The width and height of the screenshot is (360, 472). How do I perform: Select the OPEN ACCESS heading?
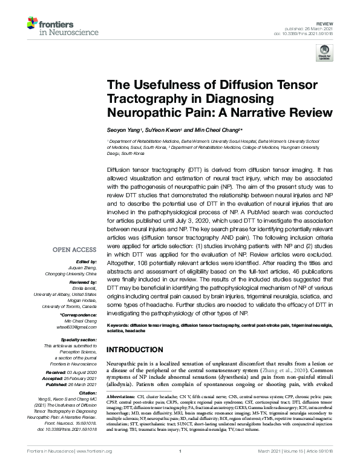74,249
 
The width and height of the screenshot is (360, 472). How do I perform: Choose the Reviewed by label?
82,283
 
